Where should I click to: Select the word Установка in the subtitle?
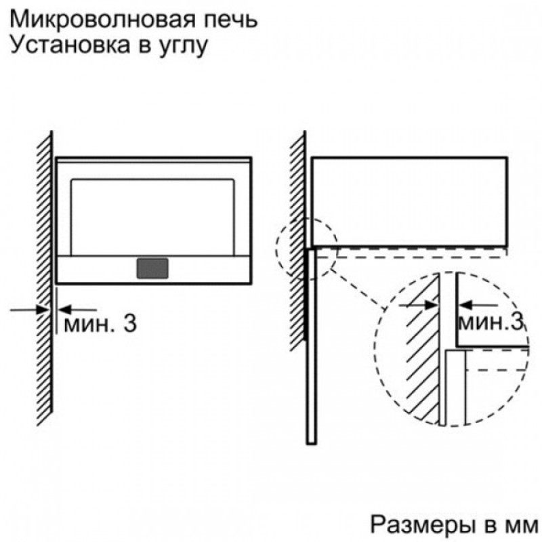[70, 45]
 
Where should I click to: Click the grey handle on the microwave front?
[152, 268]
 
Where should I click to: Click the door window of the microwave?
[152, 217]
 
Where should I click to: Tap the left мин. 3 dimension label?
[100, 324]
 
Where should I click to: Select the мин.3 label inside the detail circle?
[490, 322]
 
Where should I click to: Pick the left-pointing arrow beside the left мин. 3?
[77, 310]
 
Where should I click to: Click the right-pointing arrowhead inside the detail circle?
[431, 306]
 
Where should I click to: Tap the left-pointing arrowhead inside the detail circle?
[465, 306]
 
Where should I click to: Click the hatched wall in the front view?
[45, 278]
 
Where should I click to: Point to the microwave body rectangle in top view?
[409, 202]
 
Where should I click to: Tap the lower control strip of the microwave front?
[152, 270]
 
